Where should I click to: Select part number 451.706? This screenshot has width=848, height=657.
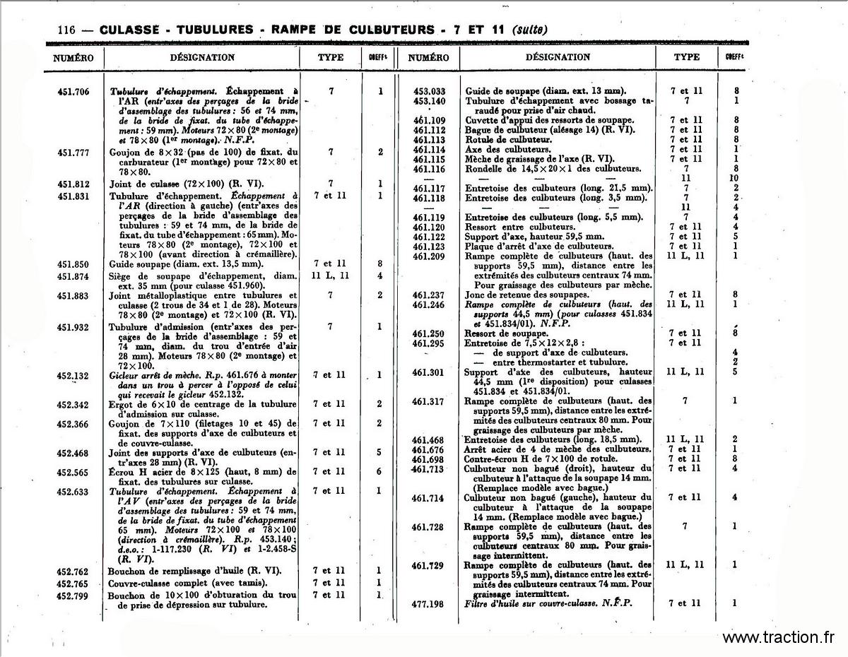73,91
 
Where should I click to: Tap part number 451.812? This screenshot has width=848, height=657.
73,184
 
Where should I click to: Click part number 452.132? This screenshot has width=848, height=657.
73,375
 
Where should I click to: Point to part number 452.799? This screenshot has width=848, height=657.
73,595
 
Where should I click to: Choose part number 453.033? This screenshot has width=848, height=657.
430,91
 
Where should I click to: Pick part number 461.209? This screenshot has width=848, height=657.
430,256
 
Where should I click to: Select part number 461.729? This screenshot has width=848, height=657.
429,565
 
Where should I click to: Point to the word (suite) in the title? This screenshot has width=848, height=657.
529,30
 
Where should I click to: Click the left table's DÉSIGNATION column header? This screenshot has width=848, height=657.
202,57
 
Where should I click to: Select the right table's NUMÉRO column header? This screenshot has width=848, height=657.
428,57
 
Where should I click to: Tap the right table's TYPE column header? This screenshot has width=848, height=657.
686,57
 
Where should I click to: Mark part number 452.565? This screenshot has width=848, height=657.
73,472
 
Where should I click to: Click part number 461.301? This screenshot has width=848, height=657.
430,372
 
